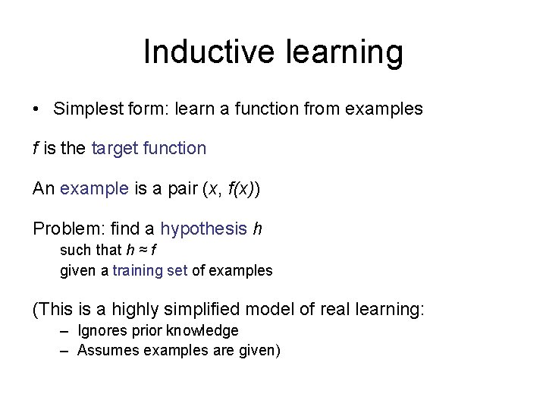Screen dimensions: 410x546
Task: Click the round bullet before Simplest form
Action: tap(36, 109)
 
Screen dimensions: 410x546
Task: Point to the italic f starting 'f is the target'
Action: tap(36, 148)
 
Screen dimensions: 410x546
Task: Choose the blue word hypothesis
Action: tap(203, 229)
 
